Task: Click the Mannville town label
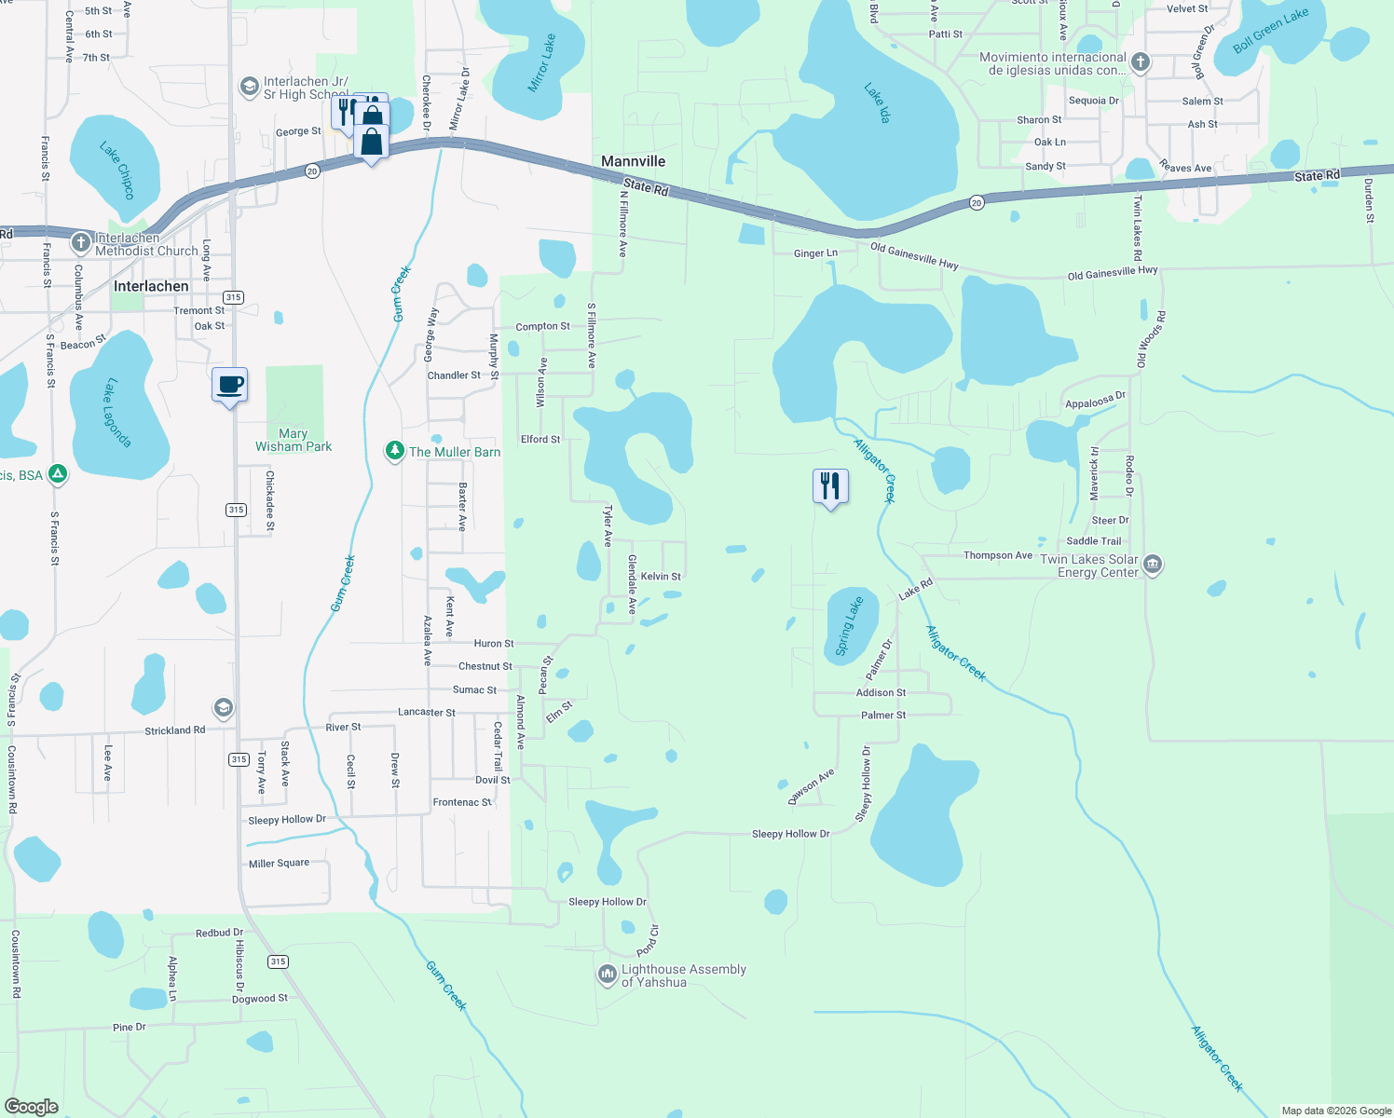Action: (634, 161)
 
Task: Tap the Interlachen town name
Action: (151, 286)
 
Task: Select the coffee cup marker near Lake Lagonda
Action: (229, 385)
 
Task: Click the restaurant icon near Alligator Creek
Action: (830, 486)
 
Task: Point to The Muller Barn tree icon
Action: (395, 452)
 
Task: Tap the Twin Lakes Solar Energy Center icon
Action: (1153, 565)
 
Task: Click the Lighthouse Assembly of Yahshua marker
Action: (608, 975)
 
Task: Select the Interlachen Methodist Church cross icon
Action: (81, 244)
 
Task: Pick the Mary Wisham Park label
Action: (294, 440)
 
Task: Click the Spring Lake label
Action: (849, 627)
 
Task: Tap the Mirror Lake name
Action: (541, 63)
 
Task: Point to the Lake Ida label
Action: (877, 102)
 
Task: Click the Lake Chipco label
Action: (118, 170)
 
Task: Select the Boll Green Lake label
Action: (1270, 31)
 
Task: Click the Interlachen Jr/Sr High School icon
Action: (249, 88)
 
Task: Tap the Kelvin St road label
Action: (661, 577)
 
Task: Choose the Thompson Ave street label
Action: (997, 555)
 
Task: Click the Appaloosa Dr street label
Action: (1095, 401)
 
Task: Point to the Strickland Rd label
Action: (174, 730)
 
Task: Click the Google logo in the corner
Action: (32, 1107)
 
